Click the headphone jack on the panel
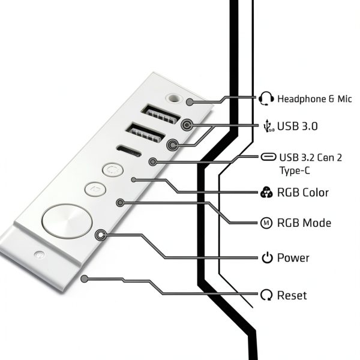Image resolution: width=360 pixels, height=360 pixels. tap(174, 98)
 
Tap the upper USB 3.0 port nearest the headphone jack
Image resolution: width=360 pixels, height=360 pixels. tap(160, 114)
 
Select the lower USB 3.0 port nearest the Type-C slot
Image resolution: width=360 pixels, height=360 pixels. tap(145, 133)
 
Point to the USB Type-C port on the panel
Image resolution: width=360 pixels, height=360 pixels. tap(129, 151)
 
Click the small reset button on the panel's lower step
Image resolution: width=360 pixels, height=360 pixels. tap(39, 254)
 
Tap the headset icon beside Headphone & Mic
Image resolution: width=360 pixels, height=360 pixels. tap(266, 98)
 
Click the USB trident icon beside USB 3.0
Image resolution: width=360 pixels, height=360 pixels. tap(268, 126)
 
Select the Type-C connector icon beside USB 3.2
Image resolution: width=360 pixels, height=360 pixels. tap(268, 157)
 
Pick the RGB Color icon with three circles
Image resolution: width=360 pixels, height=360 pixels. tap(266, 192)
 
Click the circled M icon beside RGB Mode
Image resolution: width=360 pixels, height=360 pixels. tap(266, 223)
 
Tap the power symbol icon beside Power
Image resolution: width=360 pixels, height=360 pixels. tap(267, 257)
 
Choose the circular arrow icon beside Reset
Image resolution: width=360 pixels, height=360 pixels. tap(266, 295)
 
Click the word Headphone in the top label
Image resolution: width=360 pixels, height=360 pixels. tap(302, 99)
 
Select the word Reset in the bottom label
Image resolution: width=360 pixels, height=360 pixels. tap(292, 295)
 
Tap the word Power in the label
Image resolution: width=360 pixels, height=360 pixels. tap(293, 257)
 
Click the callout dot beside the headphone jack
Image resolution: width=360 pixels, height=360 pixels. tap(190, 102)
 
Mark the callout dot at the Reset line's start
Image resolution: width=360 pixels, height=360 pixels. tap(85, 279)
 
